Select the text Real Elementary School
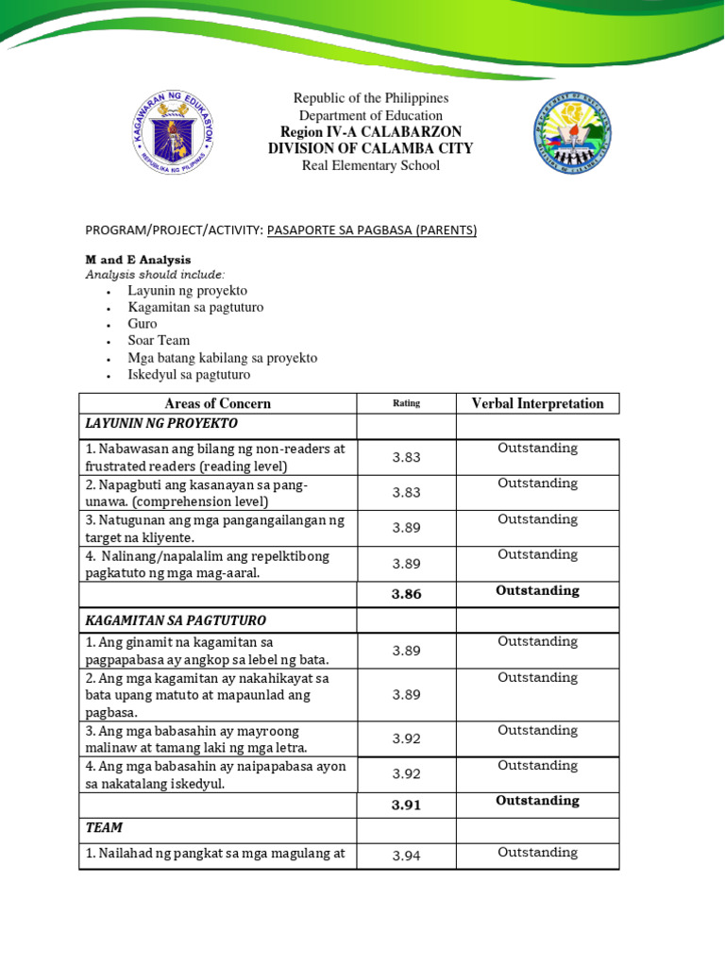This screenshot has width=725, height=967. [370, 165]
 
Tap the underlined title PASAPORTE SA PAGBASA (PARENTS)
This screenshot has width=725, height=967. [372, 229]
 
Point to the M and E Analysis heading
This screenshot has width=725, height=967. [138, 259]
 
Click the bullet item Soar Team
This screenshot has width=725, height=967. [159, 340]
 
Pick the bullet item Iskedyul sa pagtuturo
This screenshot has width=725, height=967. [189, 374]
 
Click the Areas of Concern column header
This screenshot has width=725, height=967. [217, 403]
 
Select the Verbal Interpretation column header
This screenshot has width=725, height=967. [537, 403]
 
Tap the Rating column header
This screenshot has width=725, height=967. [406, 403]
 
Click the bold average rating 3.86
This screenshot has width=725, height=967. [406, 594]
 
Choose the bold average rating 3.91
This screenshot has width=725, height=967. [406, 805]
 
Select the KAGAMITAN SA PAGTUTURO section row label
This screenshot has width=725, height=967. [176, 620]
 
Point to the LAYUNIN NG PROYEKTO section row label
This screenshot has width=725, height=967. [161, 423]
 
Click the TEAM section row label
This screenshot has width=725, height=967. [104, 827]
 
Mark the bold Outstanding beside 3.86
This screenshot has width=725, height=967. [537, 590]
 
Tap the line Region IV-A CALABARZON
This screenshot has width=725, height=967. [370, 131]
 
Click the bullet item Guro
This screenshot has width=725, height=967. [143, 323]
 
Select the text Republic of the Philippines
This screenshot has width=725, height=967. [370, 98]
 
